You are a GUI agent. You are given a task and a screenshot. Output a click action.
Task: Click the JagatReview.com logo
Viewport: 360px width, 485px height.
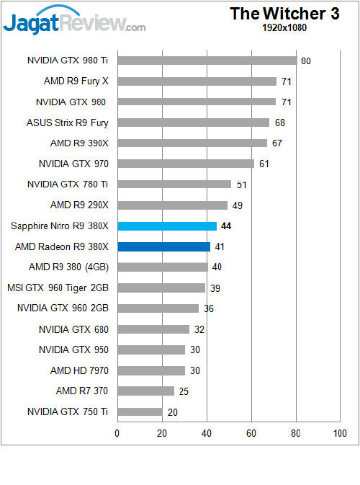pyautogui.click(x=74, y=23)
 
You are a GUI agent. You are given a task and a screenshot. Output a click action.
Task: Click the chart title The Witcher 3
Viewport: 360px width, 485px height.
pyautogui.click(x=284, y=14)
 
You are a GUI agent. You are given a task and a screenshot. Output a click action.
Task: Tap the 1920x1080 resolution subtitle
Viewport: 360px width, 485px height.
pyautogui.click(x=285, y=28)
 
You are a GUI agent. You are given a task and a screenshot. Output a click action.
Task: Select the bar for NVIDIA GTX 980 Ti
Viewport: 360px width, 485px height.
pyautogui.click(x=207, y=61)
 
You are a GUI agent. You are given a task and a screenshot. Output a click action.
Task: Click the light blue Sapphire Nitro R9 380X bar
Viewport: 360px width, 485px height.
pyautogui.click(x=167, y=226)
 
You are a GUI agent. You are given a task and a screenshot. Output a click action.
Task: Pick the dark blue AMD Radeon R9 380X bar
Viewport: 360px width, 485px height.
pyautogui.click(x=163, y=246)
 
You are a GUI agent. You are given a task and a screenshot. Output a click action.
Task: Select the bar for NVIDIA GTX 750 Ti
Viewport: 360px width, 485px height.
pyautogui.click(x=140, y=412)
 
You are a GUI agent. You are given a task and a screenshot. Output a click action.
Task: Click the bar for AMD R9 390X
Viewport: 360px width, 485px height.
pyautogui.click(x=192, y=143)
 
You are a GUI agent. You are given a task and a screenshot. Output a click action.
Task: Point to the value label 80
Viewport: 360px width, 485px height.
pyautogui.click(x=306, y=61)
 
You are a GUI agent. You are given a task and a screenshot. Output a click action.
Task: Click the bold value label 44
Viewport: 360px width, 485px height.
pyautogui.click(x=226, y=226)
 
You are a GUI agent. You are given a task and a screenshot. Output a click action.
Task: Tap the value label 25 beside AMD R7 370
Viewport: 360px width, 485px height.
pyautogui.click(x=183, y=391)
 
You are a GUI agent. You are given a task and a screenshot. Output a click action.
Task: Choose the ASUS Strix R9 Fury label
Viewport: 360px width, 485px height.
pyautogui.click(x=67, y=123)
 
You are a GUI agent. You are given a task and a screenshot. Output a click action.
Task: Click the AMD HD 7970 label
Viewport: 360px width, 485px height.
pyautogui.click(x=79, y=370)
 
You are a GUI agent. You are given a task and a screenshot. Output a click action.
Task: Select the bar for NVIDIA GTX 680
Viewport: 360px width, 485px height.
pyautogui.click(x=153, y=329)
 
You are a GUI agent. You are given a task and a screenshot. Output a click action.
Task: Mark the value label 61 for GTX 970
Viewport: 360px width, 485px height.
pyautogui.click(x=264, y=164)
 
